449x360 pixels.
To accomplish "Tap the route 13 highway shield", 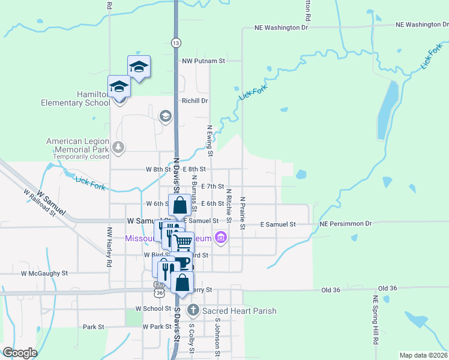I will pyautogui.click(x=175, y=43).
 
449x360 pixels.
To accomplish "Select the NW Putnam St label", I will pyautogui.click(x=203, y=61).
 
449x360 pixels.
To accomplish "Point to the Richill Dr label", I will pyautogui.click(x=194, y=101).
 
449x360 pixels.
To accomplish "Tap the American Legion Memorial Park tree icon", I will pyautogui.click(x=119, y=146).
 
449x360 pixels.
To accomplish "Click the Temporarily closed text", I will pyautogui.click(x=81, y=157).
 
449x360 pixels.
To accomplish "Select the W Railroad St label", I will pyautogui.click(x=40, y=203).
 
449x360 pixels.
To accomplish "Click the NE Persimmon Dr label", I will pyautogui.click(x=346, y=224).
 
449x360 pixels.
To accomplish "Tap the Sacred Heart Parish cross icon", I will pyautogui.click(x=193, y=310).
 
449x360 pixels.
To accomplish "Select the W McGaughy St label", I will pyautogui.click(x=44, y=273).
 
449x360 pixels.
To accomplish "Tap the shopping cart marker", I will pyautogui.click(x=182, y=242).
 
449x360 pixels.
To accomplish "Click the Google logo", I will pyautogui.click(x=20, y=352).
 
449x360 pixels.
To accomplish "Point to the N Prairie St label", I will pyautogui.click(x=243, y=213).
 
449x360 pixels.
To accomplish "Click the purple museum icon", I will pyautogui.click(x=221, y=238).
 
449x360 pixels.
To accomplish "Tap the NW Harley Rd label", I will pyautogui.click(x=109, y=247).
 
